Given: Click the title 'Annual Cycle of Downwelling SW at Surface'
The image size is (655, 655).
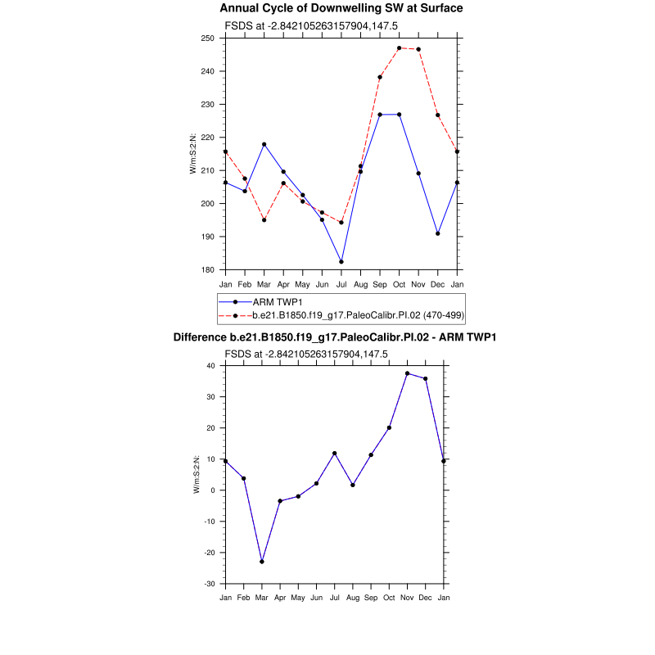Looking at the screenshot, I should coord(341,8).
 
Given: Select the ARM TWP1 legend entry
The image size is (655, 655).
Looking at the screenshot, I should coord(276,302).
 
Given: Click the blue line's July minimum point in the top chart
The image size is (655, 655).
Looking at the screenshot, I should coord(341,262).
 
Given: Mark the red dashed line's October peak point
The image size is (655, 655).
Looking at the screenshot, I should coord(400,48).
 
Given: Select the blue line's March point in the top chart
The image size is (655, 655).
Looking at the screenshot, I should coord(264,144).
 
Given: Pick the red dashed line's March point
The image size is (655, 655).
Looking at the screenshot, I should coord(264,220).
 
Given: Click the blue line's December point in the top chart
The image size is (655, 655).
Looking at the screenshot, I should coord(438,233).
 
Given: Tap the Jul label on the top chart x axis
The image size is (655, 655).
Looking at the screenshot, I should coord(341,283).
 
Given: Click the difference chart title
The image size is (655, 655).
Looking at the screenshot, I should coord(335,337).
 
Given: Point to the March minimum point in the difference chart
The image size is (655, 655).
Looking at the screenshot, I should coord(262,562).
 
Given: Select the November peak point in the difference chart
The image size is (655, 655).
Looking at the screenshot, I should coord(407,373).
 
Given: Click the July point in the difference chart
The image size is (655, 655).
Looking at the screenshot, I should coord(335,453).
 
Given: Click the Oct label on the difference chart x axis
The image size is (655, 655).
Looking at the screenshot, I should coord(389,598).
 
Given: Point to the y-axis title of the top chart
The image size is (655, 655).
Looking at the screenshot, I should coord(193,154).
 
